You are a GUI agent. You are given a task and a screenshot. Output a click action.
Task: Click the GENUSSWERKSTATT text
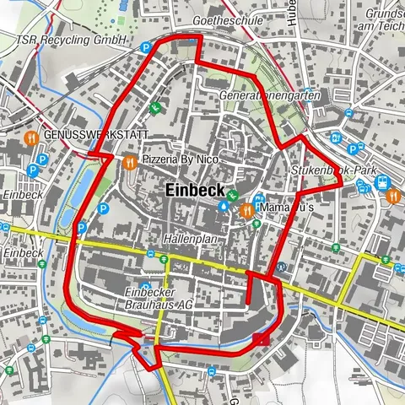[95, 135]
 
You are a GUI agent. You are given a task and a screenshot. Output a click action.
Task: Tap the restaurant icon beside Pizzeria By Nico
[129, 161]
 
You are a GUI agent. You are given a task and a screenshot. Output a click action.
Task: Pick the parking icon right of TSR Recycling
[146, 48]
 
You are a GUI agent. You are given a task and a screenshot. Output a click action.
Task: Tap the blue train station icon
[382, 181]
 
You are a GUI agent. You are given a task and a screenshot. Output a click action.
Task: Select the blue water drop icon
[223, 205]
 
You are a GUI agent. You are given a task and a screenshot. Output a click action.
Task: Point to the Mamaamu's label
[288, 208]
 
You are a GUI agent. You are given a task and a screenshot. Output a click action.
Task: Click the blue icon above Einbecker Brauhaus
[145, 285]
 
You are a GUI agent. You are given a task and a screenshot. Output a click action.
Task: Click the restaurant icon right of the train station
[393, 196]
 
